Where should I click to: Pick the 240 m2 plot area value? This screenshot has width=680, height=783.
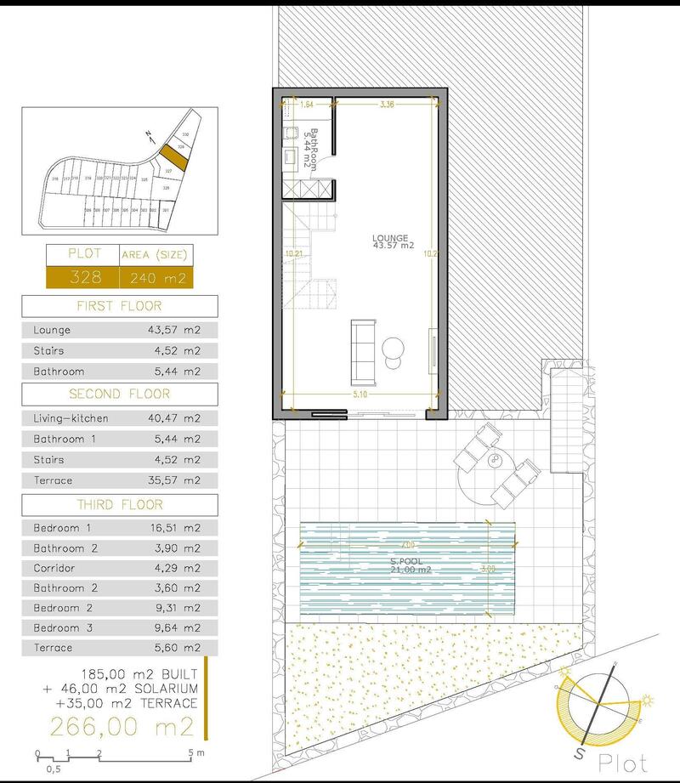[x=155, y=278]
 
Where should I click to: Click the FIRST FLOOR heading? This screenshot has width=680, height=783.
[x=119, y=306]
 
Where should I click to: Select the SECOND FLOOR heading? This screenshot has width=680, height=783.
[x=119, y=394]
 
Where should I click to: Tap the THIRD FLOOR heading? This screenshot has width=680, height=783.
[x=119, y=504]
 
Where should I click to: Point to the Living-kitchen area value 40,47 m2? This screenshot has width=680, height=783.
[x=174, y=418]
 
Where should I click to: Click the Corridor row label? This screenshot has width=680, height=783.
[x=54, y=568]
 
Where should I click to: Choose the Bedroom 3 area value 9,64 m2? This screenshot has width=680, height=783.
[x=174, y=628]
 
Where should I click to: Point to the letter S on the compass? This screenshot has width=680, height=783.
[x=580, y=754]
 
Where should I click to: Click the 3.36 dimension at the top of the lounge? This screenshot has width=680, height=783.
[x=387, y=105]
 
